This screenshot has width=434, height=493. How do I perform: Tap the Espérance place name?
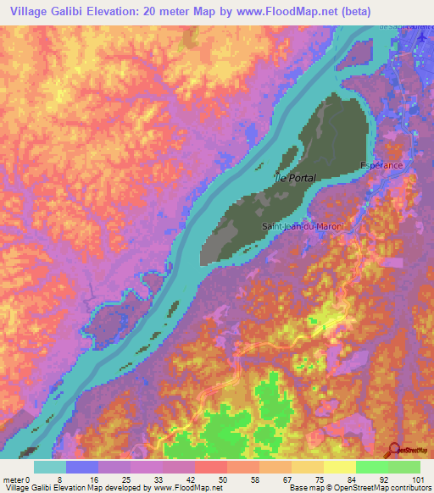point(381,165)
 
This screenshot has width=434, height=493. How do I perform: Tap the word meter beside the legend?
point(13,480)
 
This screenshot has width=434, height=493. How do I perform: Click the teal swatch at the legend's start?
point(50,467)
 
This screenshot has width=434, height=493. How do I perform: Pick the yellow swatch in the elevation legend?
point(340,467)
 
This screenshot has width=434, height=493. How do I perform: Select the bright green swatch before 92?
point(372,467)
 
